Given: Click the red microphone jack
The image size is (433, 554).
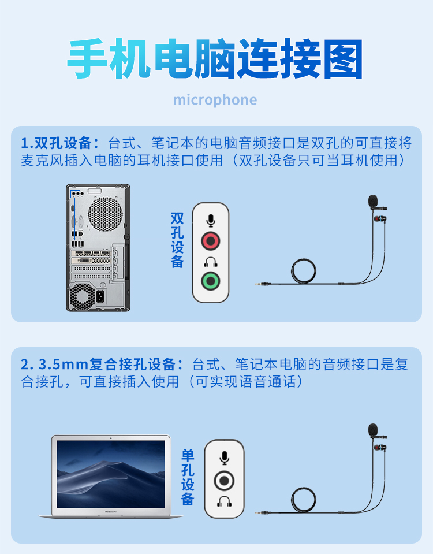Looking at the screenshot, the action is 211,241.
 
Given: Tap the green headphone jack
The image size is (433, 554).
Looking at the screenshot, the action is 211,281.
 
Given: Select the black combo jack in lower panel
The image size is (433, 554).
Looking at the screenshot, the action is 224,481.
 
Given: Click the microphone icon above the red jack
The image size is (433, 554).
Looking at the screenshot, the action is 211,221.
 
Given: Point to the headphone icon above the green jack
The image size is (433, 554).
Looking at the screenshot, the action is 211,262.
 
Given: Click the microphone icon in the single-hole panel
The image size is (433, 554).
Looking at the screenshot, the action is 224,458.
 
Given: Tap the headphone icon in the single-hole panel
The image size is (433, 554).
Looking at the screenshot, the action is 224,501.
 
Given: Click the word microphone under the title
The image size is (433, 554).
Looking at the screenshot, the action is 215,100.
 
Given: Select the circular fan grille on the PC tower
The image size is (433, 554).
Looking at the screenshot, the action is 105,214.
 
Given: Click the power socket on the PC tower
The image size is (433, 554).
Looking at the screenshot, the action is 100,296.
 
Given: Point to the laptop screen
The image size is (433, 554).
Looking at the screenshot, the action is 111,474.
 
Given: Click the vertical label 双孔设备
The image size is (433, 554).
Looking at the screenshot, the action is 177,240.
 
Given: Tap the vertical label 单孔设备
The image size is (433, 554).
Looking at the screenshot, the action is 188,477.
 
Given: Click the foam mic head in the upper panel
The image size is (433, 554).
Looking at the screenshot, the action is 373,201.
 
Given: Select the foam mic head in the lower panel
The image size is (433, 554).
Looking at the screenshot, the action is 373,430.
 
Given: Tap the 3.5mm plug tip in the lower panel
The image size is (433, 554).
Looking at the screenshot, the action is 257,512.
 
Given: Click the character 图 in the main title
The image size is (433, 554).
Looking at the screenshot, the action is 344,59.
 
